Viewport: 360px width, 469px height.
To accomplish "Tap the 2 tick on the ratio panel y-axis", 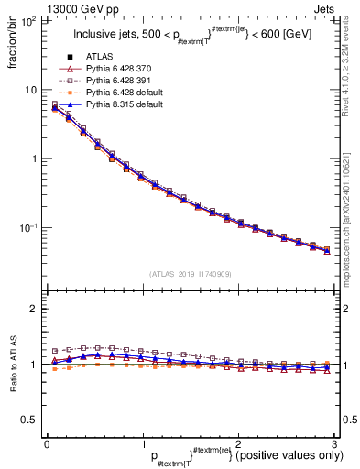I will point(34,309).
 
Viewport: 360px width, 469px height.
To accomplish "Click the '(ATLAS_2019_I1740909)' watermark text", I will point(189,273).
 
